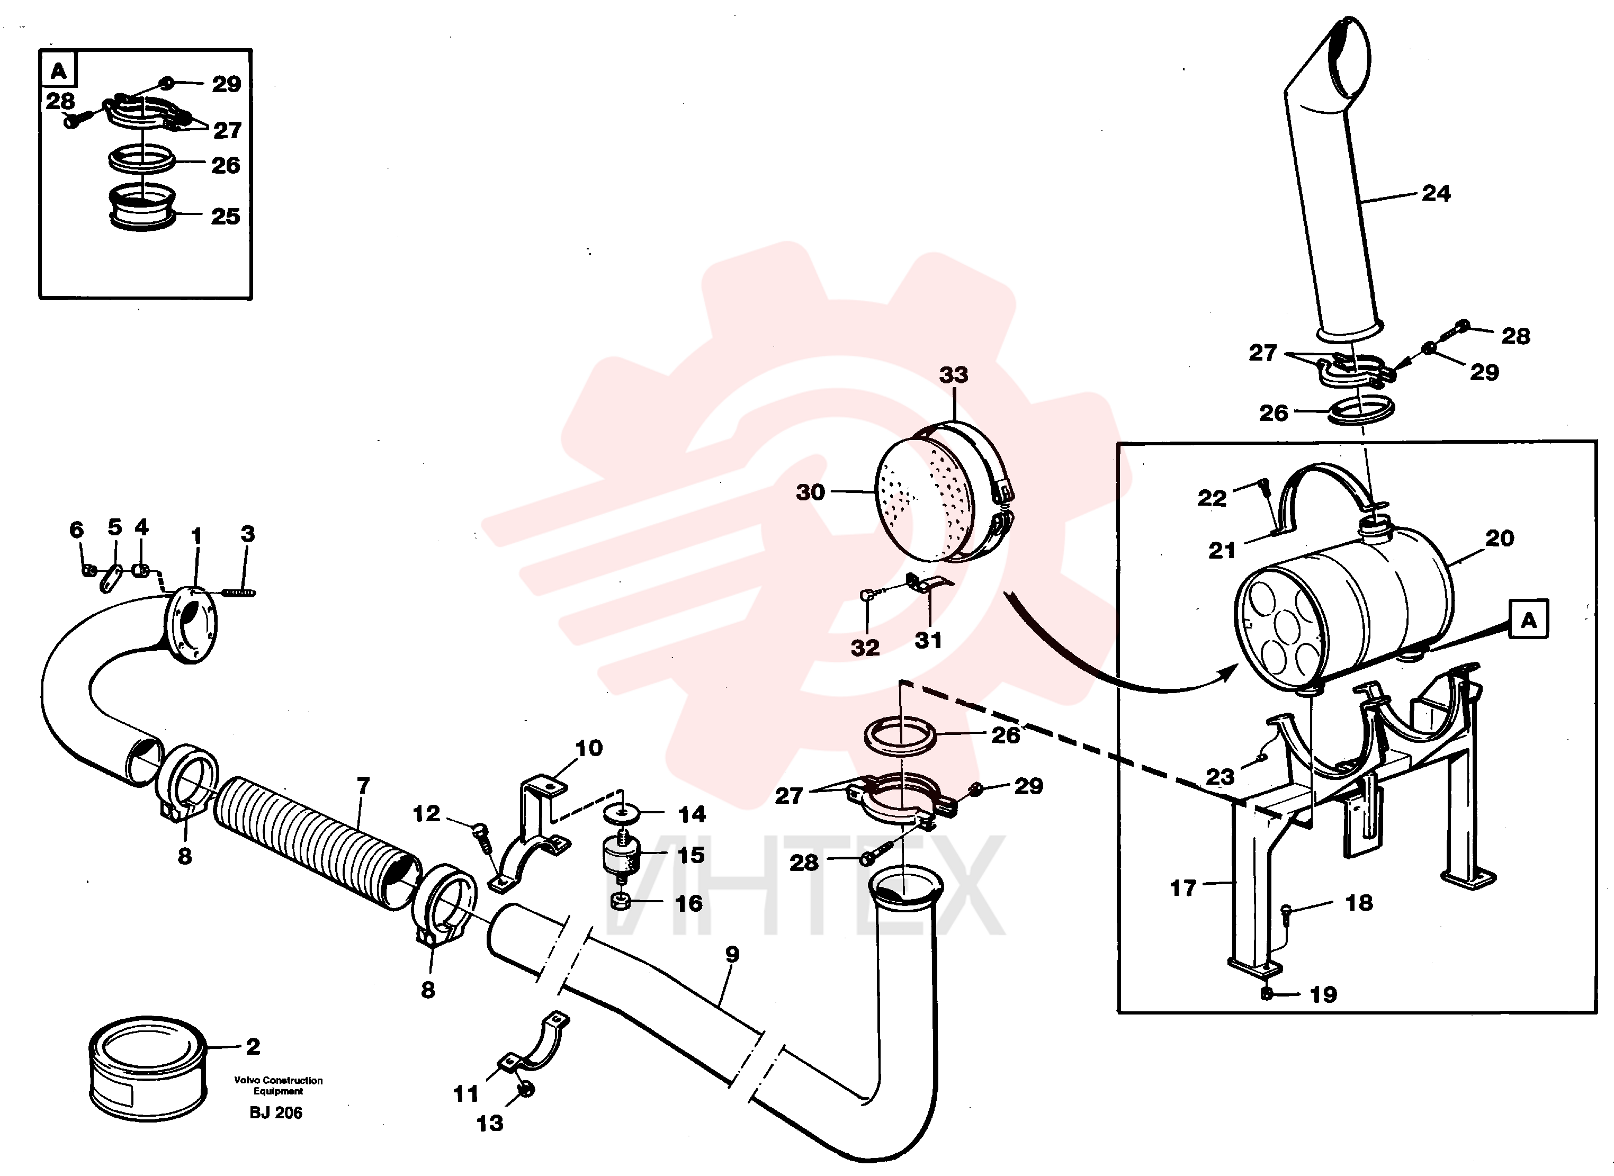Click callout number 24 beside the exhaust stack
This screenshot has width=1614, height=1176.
(x=1436, y=193)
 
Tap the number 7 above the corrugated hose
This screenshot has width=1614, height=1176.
(x=363, y=785)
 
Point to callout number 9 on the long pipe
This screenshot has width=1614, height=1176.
(x=732, y=954)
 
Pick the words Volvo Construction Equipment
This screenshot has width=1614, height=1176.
(x=279, y=1085)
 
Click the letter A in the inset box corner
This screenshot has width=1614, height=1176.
(x=58, y=70)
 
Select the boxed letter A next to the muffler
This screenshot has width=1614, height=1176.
(x=1529, y=620)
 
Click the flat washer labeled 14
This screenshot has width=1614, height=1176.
(x=622, y=812)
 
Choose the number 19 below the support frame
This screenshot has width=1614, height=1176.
(x=1323, y=994)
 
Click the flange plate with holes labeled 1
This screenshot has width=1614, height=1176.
(x=191, y=625)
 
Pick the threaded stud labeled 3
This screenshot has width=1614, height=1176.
(x=238, y=593)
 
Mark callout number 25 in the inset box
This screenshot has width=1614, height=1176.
(x=225, y=217)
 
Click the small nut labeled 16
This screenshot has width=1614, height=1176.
(x=620, y=903)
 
